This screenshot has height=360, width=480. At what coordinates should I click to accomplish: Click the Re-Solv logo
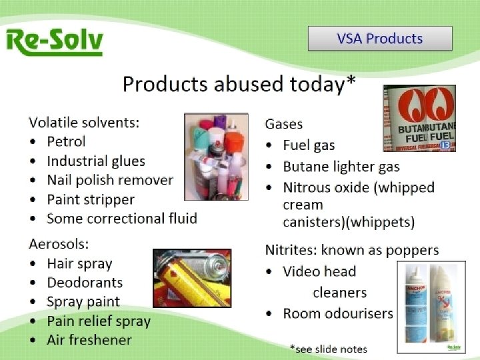point(54,41)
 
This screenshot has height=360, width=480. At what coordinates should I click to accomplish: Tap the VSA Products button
point(379,39)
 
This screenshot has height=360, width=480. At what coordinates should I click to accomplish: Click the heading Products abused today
point(239,85)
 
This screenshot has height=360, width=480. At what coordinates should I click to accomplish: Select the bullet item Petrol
point(66,141)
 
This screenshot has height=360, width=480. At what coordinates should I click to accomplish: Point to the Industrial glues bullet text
point(95,161)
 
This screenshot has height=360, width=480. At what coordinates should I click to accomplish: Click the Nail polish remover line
point(109,180)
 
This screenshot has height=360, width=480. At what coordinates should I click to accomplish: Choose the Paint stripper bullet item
point(91,199)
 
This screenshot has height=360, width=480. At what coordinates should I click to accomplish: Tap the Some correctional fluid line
point(121,219)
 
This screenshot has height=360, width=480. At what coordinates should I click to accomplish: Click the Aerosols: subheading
point(59,244)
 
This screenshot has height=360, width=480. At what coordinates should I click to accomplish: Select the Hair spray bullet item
point(79,263)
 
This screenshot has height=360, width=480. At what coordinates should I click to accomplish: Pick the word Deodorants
point(85,283)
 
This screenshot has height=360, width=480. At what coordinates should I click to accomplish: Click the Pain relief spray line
point(99,321)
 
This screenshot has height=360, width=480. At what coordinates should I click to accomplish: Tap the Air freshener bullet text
point(89,340)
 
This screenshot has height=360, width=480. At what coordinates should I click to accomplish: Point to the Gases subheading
point(283,123)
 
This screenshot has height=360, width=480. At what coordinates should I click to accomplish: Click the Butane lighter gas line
point(341,167)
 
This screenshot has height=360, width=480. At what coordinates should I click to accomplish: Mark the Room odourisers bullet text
point(337,313)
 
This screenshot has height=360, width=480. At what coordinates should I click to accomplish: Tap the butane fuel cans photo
point(419,119)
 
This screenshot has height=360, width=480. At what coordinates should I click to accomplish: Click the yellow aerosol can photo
point(192,278)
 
